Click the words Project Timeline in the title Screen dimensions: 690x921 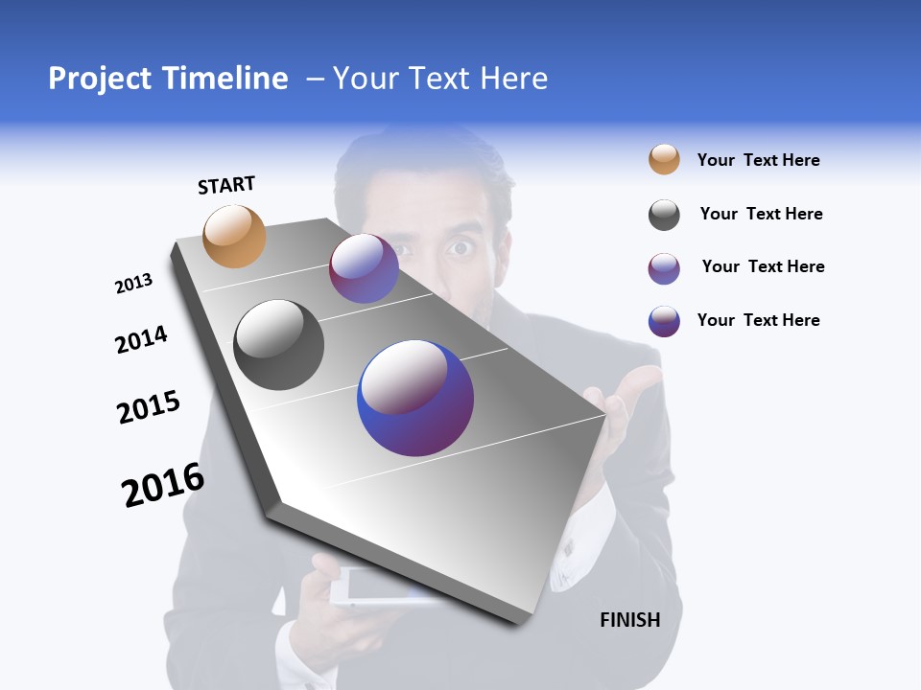click(x=168, y=79)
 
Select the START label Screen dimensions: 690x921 click(x=226, y=185)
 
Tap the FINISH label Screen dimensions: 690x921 click(x=630, y=620)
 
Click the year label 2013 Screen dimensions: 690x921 click(x=134, y=284)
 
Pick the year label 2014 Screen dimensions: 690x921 click(x=141, y=339)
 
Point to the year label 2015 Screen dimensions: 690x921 click(x=149, y=407)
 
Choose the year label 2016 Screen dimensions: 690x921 click(x=163, y=485)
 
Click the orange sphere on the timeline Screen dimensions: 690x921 click(x=235, y=236)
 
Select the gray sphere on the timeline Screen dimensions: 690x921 click(x=279, y=345)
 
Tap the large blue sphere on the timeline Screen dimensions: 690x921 click(x=415, y=398)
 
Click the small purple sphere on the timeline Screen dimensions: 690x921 click(x=364, y=268)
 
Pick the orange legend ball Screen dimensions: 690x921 click(x=664, y=159)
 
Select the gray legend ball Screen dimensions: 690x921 click(x=664, y=215)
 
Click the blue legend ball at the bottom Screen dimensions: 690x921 click(x=664, y=321)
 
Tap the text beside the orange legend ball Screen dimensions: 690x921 click(x=758, y=160)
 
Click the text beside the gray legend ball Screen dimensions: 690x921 click(x=761, y=214)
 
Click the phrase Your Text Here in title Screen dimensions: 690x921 click(x=439, y=79)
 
